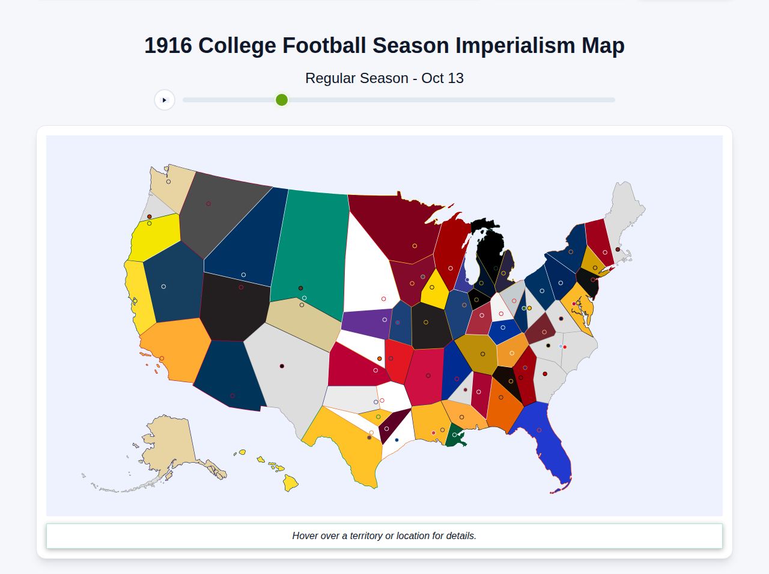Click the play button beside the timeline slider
click(x=165, y=100)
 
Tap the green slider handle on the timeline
click(x=282, y=100)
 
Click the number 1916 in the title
click(x=168, y=46)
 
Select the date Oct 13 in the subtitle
click(x=442, y=78)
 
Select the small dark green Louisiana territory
click(x=458, y=437)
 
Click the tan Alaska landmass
click(x=171, y=445)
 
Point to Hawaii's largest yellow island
click(x=290, y=483)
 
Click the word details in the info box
click(x=461, y=535)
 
